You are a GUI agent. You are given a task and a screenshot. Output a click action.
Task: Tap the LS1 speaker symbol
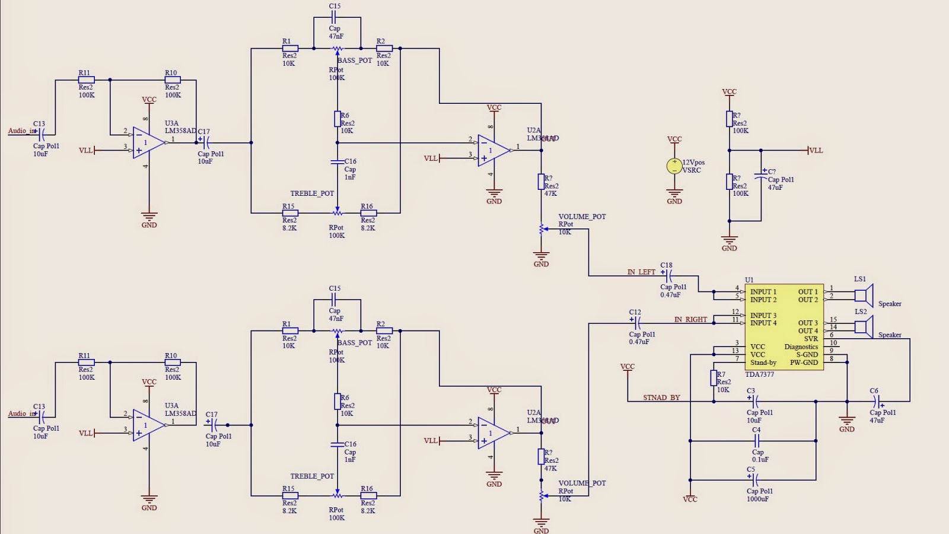click(864, 295)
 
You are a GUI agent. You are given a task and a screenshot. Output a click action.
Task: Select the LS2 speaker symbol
click(864, 327)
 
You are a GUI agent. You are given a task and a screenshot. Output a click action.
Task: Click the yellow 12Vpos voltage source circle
click(674, 166)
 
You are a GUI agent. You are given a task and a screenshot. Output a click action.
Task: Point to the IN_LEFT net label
click(641, 272)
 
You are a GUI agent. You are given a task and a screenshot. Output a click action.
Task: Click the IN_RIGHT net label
click(690, 320)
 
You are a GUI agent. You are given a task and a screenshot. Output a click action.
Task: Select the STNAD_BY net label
click(661, 398)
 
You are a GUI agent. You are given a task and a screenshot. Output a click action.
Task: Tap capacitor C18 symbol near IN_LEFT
click(667, 276)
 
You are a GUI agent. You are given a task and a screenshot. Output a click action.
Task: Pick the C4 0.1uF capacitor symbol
click(757, 440)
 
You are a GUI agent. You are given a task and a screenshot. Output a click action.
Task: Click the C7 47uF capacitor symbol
click(761, 176)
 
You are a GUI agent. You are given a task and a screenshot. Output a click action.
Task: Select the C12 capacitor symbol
click(636, 323)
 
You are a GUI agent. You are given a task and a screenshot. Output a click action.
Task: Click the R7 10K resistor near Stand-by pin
click(714, 379)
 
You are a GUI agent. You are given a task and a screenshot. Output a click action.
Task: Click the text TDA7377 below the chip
click(759, 374)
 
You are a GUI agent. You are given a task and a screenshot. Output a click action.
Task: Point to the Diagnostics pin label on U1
click(801, 347)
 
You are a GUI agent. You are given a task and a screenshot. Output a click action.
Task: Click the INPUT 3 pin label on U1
click(763, 316)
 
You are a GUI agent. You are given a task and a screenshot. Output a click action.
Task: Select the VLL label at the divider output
click(816, 151)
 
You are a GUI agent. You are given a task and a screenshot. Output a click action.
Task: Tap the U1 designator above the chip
click(749, 279)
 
